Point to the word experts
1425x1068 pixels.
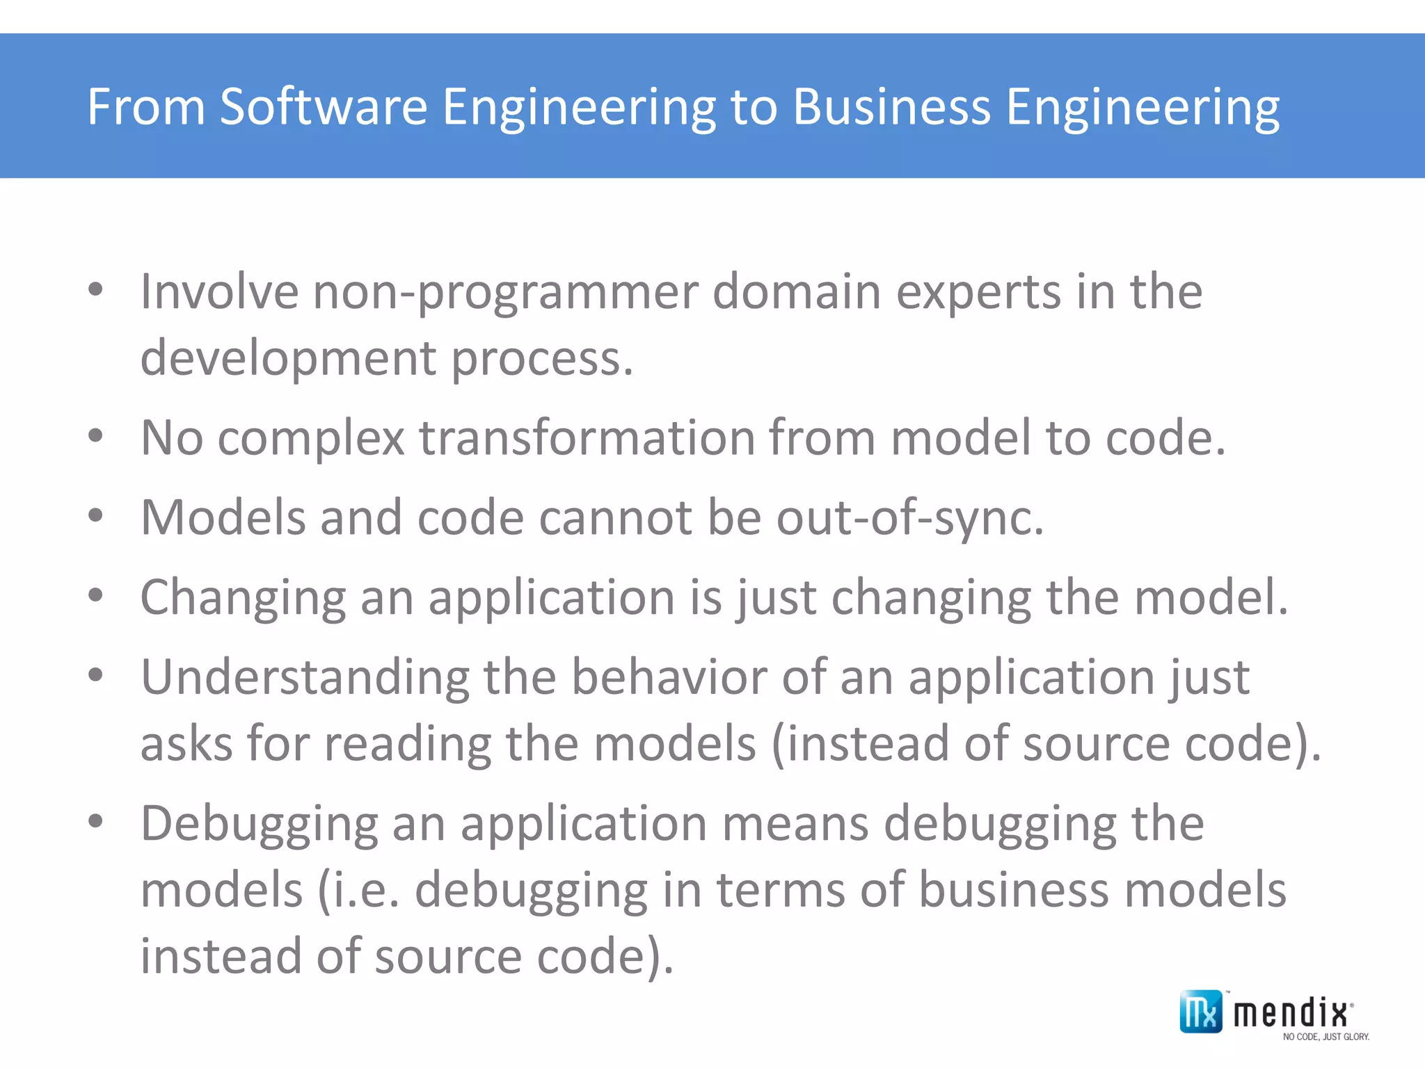[x=978, y=292]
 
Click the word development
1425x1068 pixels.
[x=288, y=358]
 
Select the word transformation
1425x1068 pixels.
[x=587, y=438]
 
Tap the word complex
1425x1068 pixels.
[x=311, y=439]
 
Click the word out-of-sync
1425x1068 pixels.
[x=910, y=518]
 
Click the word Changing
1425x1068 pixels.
[x=243, y=598]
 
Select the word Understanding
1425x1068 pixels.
[x=305, y=678]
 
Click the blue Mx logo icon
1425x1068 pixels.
[x=1200, y=1012]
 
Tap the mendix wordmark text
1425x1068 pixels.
[x=1291, y=1013]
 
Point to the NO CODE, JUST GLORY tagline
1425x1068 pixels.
[x=1326, y=1037]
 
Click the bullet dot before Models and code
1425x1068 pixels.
[x=96, y=516]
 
